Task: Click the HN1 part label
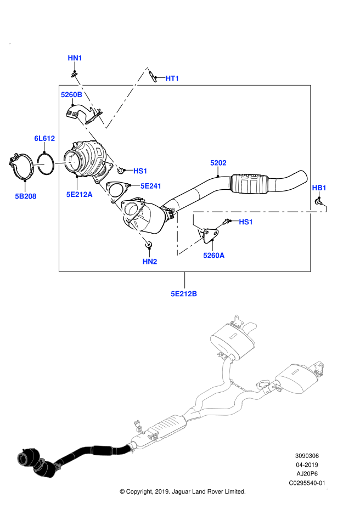75,58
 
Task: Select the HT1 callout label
172,78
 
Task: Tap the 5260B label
71,95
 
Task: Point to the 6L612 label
44,139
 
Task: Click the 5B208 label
26,196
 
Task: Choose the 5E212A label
80,194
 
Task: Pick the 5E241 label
151,186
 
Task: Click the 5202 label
218,163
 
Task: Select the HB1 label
319,188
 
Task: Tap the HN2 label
150,262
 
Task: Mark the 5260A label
214,255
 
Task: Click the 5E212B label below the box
184,293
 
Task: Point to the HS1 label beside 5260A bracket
246,222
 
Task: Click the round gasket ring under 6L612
46,163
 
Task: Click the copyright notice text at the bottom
183,491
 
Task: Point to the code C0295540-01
307,483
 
